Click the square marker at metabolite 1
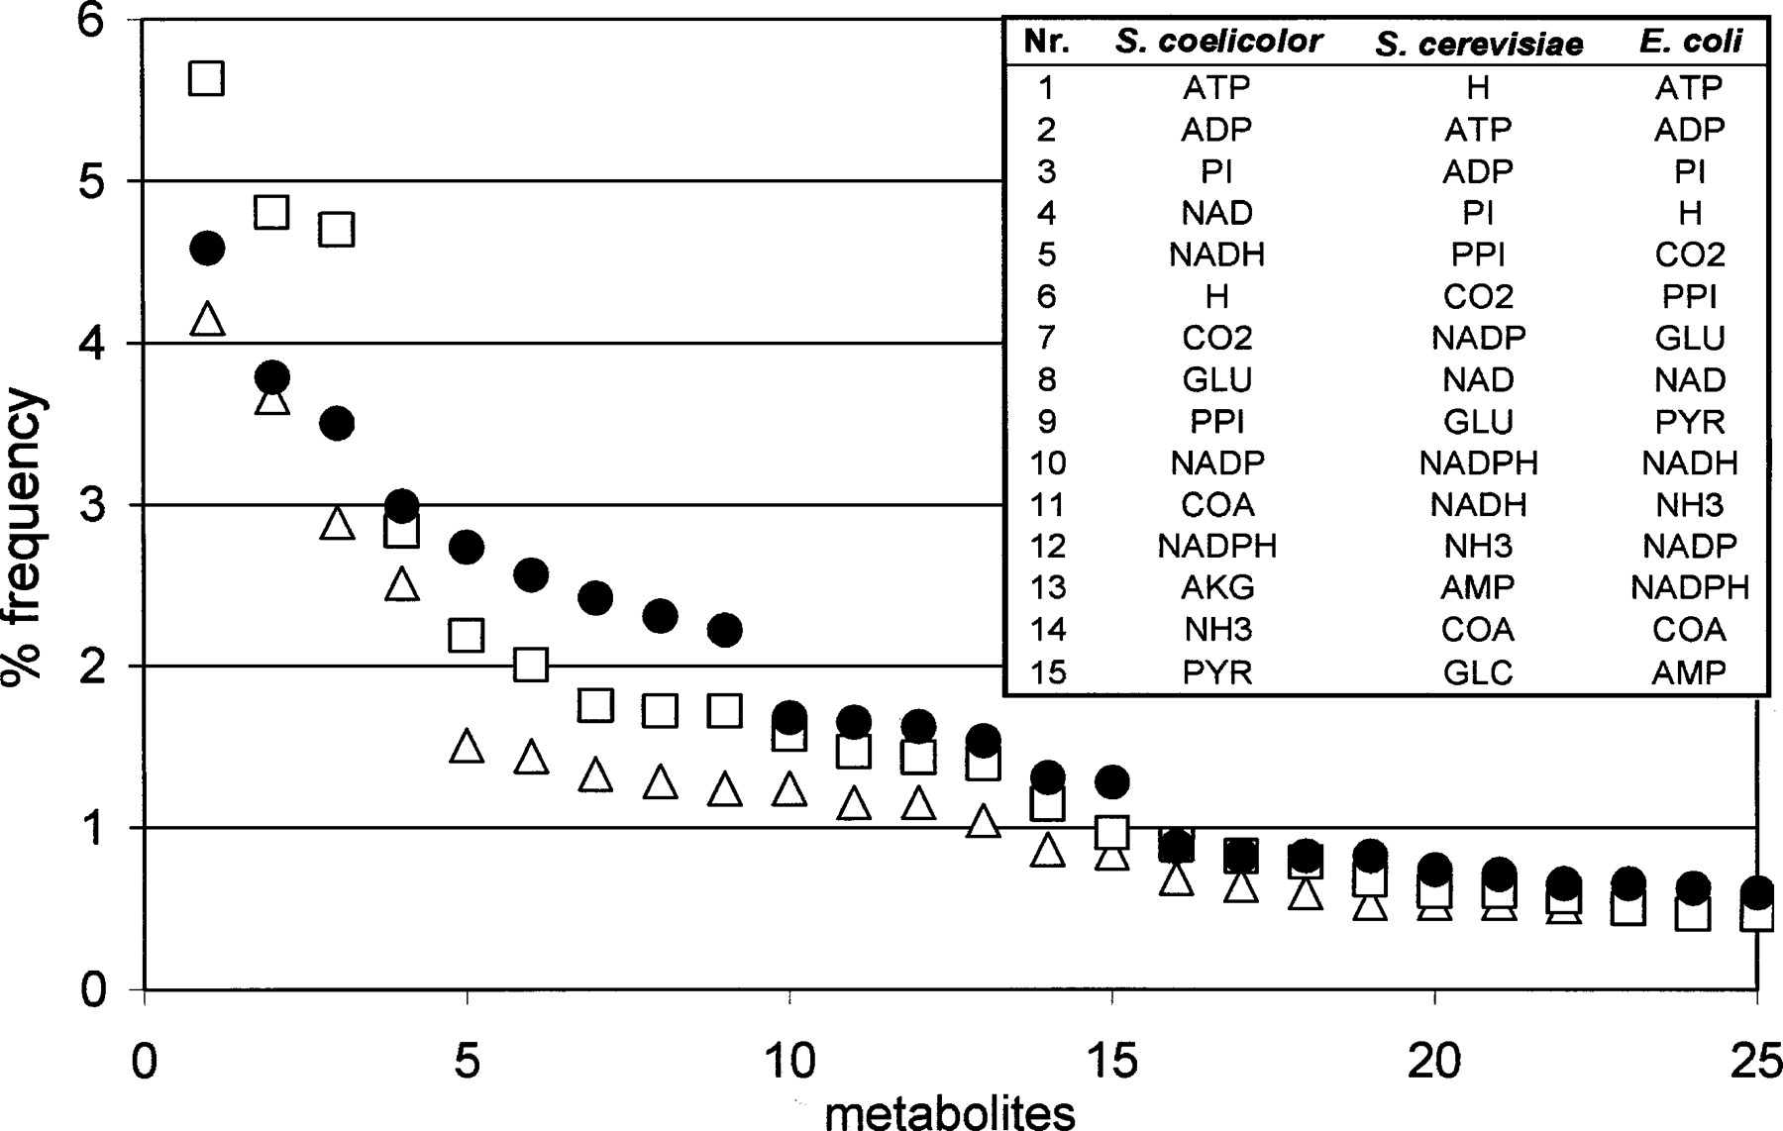click(x=206, y=77)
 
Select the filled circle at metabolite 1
click(x=206, y=248)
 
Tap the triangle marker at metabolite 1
click(x=206, y=320)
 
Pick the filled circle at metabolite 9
click(x=725, y=630)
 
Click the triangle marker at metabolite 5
click(x=467, y=746)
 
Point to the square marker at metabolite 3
click(x=337, y=230)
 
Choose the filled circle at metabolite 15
click(x=1112, y=781)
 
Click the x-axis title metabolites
click(x=950, y=1111)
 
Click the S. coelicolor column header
click(x=1217, y=41)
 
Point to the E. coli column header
click(x=1690, y=41)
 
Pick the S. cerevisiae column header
click(x=1478, y=43)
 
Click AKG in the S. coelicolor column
click(x=1217, y=587)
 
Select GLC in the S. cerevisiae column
click(x=1478, y=672)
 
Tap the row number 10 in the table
click(x=1047, y=463)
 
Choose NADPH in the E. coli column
click(x=1690, y=587)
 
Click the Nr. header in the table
click(x=1047, y=41)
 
